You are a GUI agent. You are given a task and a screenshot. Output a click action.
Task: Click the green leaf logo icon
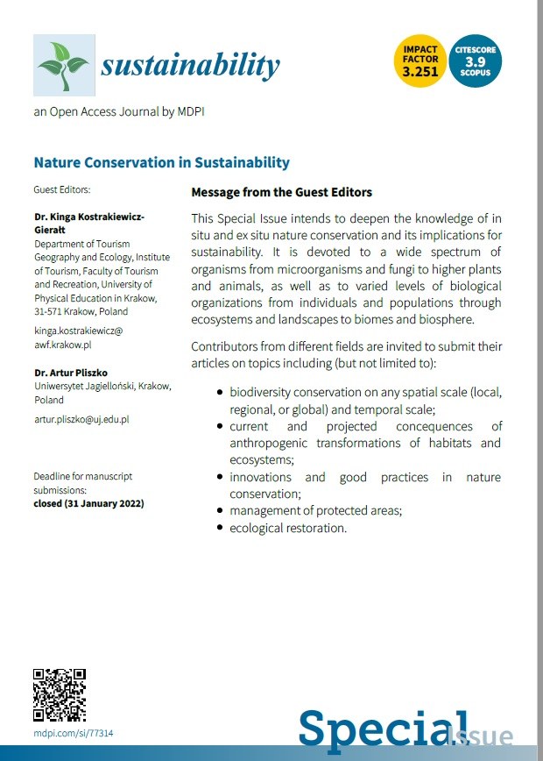(64, 65)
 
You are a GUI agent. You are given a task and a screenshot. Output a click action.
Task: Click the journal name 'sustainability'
(190, 65)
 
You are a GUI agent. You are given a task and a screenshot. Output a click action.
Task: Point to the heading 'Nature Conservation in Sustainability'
(161, 162)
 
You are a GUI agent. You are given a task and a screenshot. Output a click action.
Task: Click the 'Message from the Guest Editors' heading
(281, 192)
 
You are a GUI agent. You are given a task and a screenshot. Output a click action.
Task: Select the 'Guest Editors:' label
(61, 189)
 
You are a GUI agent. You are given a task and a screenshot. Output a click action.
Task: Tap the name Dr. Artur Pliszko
(72, 373)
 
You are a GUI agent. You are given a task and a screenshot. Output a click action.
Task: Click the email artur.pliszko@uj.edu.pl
(81, 420)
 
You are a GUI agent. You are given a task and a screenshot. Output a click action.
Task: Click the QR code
(60, 694)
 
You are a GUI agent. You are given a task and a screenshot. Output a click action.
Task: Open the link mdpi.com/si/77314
(74, 733)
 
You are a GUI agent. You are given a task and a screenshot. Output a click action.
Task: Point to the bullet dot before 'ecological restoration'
(219, 529)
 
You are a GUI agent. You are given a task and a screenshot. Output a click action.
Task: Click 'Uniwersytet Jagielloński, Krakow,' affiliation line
(102, 387)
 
